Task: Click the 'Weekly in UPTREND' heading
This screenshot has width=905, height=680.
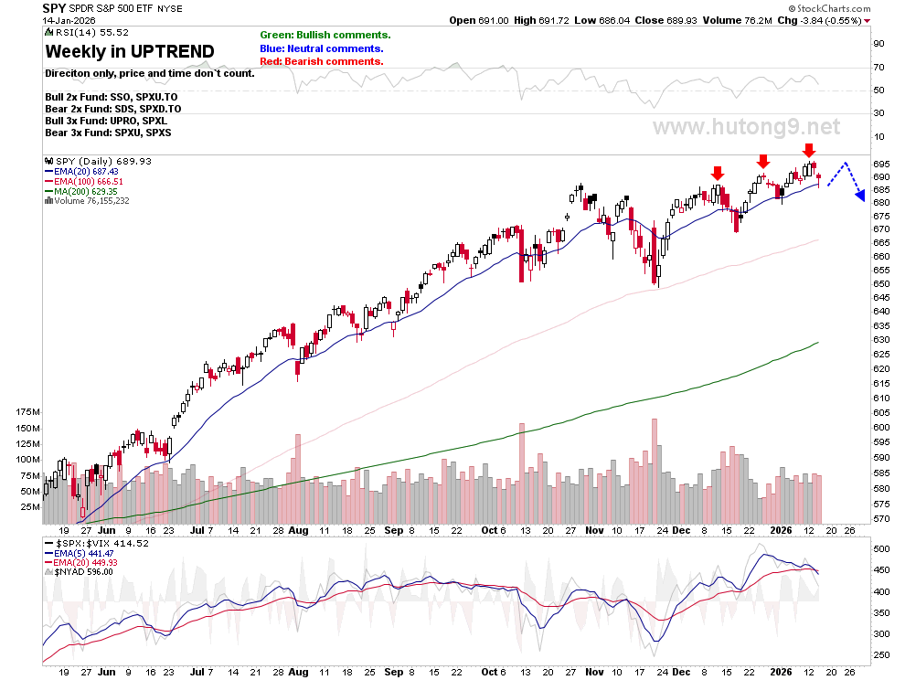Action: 130,51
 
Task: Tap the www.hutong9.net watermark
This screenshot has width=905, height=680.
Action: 746,126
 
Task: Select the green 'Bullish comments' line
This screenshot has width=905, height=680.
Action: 325,36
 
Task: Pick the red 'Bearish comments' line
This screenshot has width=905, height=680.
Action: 322,62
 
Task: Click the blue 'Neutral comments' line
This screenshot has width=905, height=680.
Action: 322,49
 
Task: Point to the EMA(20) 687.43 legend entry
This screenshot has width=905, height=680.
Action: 81,172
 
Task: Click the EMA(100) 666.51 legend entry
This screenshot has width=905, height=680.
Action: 84,181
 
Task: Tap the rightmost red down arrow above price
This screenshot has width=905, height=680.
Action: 809,150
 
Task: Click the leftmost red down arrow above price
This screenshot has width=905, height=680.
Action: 718,173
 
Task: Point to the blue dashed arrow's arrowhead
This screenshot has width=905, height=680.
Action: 860,197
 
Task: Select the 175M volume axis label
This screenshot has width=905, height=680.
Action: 27,412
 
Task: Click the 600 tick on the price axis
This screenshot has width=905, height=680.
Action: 881,428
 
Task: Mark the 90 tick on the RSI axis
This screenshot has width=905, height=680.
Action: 878,44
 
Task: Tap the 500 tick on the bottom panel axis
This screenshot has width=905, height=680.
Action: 881,549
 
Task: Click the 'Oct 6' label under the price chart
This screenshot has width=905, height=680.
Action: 494,530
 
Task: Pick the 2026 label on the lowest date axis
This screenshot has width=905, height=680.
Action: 781,672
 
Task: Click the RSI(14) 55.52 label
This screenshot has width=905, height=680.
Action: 87,32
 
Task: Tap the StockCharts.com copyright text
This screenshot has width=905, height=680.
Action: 829,8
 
